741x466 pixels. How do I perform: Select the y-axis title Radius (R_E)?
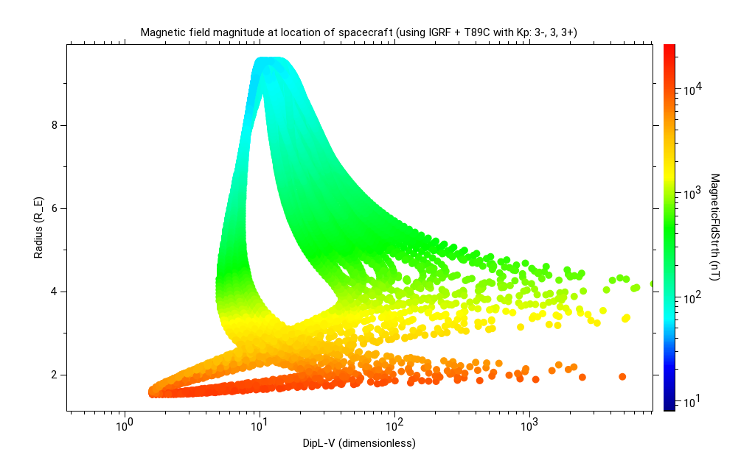pyautogui.click(x=38, y=227)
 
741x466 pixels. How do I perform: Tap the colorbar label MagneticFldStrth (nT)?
pyautogui.click(x=714, y=227)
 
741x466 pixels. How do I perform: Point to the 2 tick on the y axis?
pyautogui.click(x=54, y=375)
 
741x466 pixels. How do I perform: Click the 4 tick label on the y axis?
pyautogui.click(x=54, y=292)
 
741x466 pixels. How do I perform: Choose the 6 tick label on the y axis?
pyautogui.click(x=54, y=208)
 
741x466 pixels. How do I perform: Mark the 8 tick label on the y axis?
pyautogui.click(x=54, y=125)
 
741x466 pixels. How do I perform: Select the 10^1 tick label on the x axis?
pyautogui.click(x=259, y=425)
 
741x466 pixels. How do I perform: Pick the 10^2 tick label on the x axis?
pyautogui.click(x=394, y=425)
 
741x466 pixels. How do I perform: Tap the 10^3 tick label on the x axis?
pyautogui.click(x=529, y=425)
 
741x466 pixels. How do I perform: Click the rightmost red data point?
pyautogui.click(x=622, y=376)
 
